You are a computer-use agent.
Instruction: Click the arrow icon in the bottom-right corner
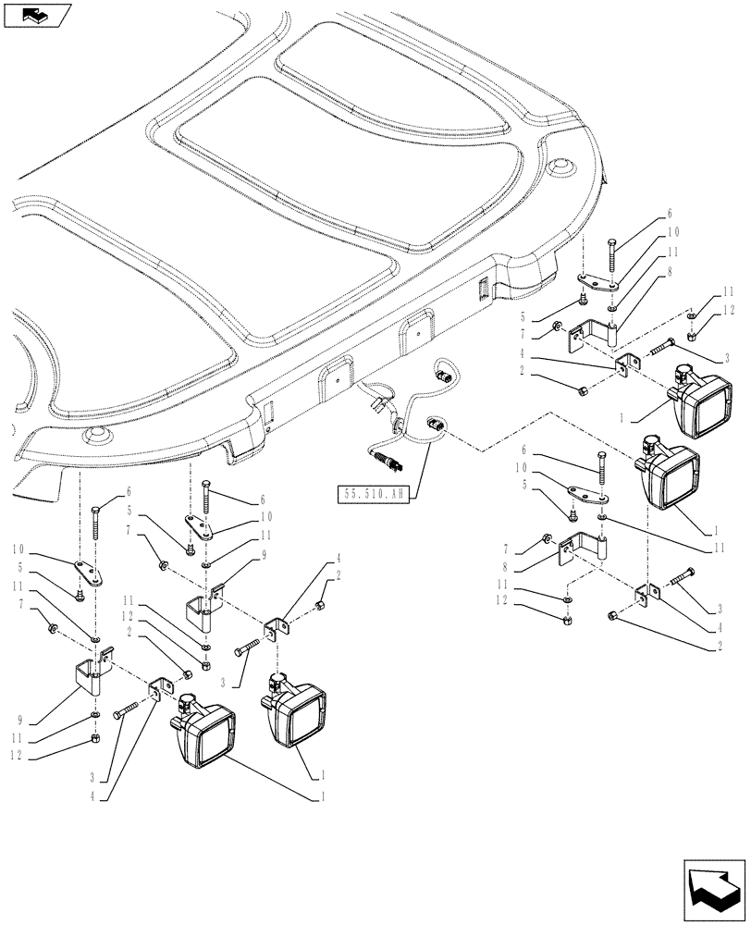(x=714, y=889)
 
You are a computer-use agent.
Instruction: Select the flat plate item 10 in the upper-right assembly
(x=597, y=280)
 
